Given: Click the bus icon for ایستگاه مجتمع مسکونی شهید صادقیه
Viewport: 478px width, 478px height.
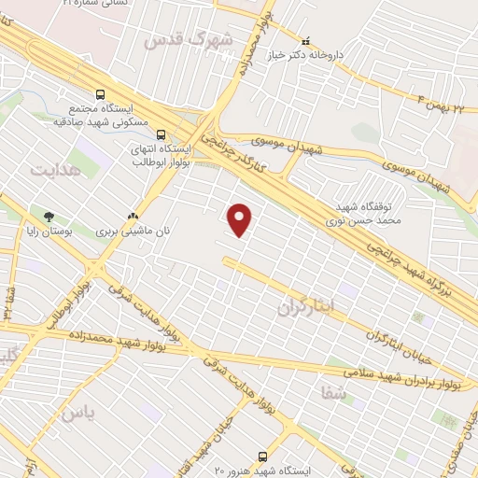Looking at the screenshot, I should [100, 94].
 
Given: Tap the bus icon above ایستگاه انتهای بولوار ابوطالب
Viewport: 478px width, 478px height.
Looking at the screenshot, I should [161, 134].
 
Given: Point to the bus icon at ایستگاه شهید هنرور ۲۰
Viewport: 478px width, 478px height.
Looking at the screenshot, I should [262, 457].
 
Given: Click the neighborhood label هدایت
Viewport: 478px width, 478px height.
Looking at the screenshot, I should [56, 170].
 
